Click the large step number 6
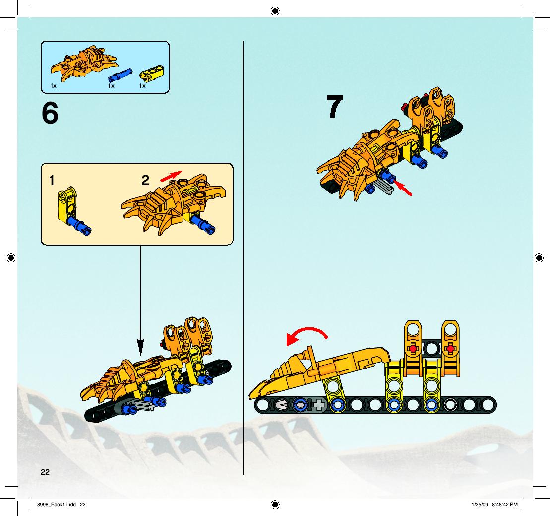50,113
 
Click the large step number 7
334,106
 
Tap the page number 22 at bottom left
45,472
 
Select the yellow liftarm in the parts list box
152,73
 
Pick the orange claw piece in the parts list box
83,63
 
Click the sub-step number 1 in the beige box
52,181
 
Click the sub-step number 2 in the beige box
145,181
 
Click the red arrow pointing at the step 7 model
402,188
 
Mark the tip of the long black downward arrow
140,356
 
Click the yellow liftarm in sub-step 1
66,206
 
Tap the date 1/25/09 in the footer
480,505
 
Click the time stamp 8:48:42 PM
505,505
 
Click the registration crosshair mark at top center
275,11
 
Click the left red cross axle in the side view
413,349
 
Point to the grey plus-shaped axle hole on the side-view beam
319,405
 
